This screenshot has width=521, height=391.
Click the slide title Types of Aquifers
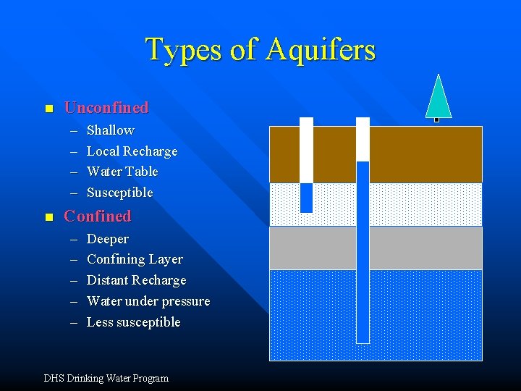pos(260,50)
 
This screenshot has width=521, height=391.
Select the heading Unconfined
pos(106,108)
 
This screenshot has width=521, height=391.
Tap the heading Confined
pos(98,216)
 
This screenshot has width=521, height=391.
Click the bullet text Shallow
pos(110,130)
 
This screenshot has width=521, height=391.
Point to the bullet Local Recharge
pos(132,151)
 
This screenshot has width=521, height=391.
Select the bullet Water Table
pos(122,172)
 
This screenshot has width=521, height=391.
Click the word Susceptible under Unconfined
pos(120,193)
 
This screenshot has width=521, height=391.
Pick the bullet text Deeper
pos(108,239)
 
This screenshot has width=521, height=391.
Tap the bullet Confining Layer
pos(135,259)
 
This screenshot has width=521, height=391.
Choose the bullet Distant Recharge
pos(136,280)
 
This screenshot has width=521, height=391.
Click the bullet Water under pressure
pos(148,301)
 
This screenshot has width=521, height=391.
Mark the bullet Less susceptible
pos(133,322)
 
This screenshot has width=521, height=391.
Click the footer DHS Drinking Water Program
pos(106,378)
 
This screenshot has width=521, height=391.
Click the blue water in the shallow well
pos(306,197)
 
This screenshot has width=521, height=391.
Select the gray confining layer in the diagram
pos(420,248)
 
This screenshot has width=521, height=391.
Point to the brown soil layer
pos(420,154)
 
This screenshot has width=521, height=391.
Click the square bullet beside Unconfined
pos(48,109)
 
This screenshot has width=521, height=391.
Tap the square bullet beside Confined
pos(48,217)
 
